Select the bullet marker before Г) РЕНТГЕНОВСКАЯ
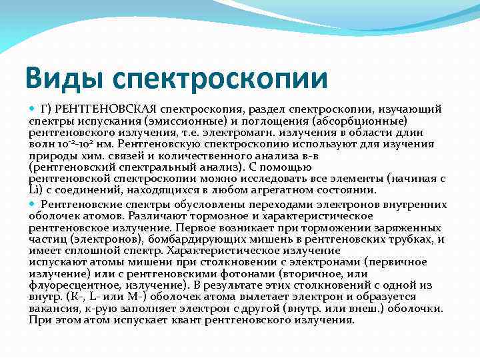[33, 109]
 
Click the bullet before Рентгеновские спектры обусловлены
[33, 204]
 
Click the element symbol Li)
[37, 191]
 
